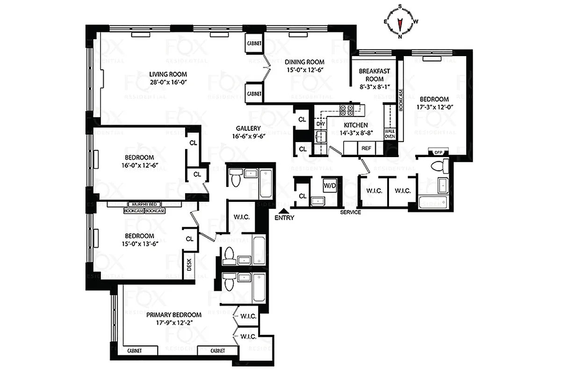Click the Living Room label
(168, 74)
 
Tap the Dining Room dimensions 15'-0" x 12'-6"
(305, 70)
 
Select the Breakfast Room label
(374, 75)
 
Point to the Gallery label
(248, 129)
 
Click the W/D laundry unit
(330, 186)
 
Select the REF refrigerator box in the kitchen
(366, 148)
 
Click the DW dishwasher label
(320, 124)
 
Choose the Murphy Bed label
(144, 204)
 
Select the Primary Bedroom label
(173, 315)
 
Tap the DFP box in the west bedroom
(439, 152)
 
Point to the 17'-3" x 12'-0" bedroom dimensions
(434, 107)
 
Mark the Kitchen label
(356, 125)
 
